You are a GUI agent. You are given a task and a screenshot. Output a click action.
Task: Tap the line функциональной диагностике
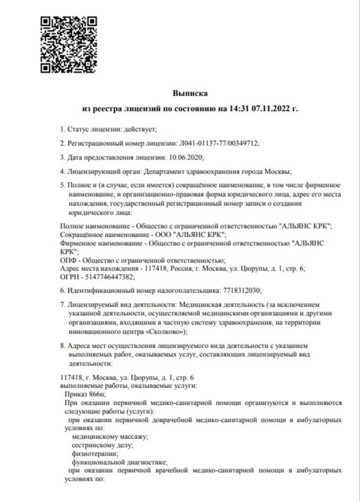point(119,462)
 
